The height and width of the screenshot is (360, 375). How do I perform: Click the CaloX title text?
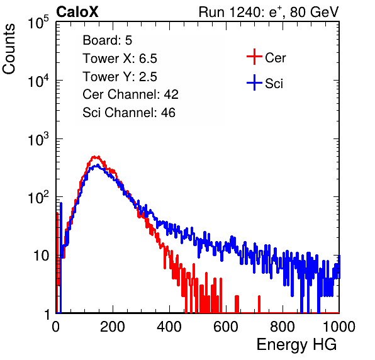coord(77,12)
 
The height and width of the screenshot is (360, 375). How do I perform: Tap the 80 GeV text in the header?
coord(314,12)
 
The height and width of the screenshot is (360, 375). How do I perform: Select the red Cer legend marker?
coord(254,57)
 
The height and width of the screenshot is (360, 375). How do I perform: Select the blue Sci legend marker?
coord(254,82)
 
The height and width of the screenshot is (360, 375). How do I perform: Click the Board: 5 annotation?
coord(108,40)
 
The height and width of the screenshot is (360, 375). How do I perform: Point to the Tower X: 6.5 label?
coord(120,59)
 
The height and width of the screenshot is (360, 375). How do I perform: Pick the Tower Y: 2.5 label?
coord(120,77)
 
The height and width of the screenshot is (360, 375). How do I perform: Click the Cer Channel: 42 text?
coord(131,94)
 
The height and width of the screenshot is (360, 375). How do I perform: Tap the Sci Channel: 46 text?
coord(129,113)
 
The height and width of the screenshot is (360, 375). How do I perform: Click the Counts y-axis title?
coord(9,49)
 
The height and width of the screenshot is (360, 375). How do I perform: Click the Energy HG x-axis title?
coord(297,345)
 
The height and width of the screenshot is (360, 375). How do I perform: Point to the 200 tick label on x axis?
coord(113,327)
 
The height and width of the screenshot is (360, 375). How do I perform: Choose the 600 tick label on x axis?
coord(226,327)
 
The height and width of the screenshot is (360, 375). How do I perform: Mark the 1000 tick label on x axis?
coord(339,327)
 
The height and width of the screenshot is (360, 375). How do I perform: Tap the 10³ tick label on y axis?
coord(38,139)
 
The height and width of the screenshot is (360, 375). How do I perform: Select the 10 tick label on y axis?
coord(42,256)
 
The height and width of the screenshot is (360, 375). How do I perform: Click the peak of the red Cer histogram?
coord(96,157)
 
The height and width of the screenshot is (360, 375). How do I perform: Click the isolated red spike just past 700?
coord(259,304)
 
